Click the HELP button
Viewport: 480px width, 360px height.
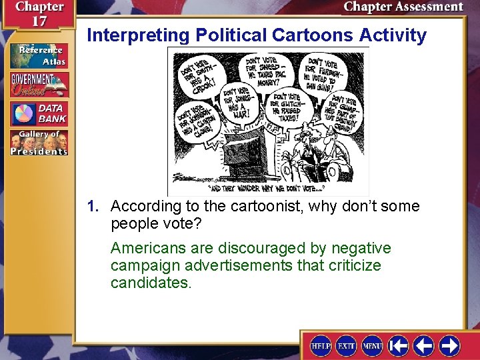tap(321, 345)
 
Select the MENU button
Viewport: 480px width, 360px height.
tap(372, 345)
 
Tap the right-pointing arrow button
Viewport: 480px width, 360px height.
tap(449, 345)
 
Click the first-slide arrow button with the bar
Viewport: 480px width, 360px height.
tap(399, 345)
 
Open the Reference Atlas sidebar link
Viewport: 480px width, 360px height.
tap(38, 56)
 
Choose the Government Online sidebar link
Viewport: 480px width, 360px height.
tap(38, 84)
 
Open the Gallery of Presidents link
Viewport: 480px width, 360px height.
tap(38, 143)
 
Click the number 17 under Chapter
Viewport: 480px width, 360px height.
tap(40, 21)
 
